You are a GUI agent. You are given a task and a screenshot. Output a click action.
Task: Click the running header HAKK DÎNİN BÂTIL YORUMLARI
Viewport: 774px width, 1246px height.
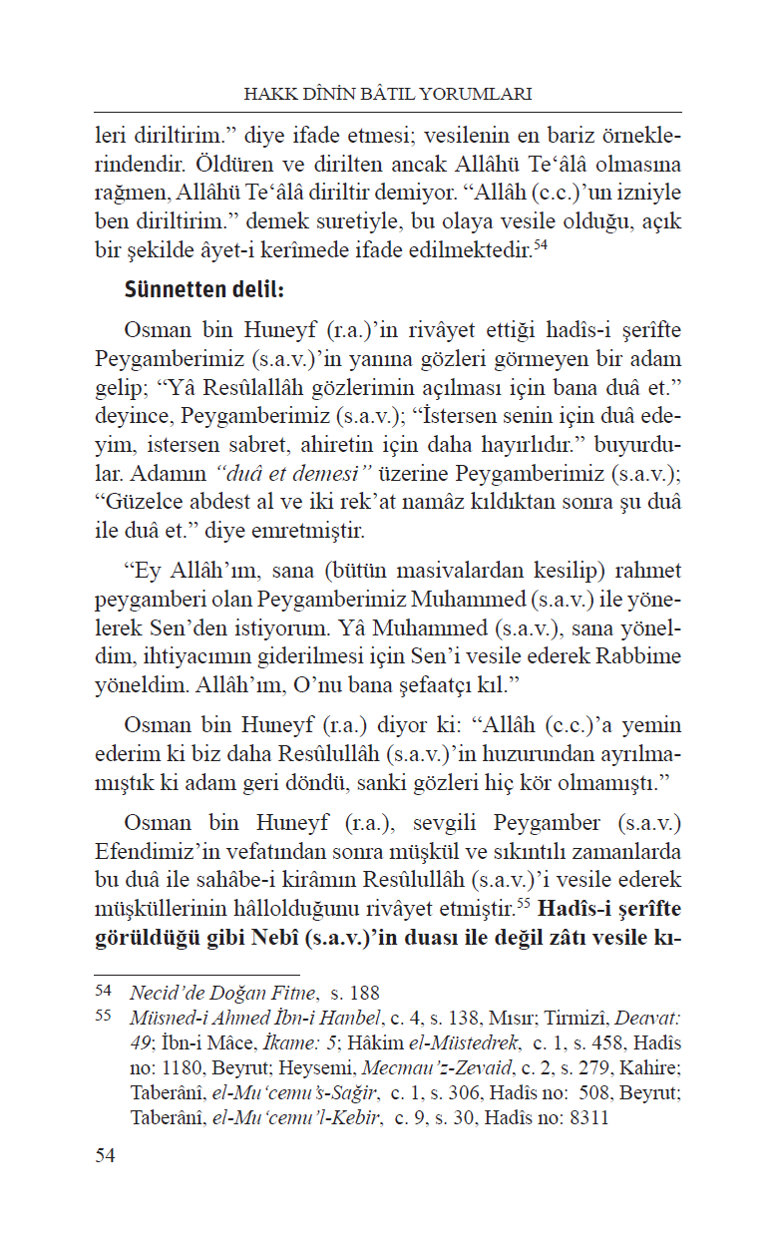(x=387, y=94)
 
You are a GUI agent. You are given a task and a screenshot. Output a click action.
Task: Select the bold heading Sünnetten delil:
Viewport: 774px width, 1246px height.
(x=204, y=290)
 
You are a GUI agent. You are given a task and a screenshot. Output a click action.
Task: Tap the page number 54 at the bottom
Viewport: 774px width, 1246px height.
(x=105, y=1183)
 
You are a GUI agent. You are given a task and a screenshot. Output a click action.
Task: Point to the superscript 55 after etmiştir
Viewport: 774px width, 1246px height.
(x=524, y=906)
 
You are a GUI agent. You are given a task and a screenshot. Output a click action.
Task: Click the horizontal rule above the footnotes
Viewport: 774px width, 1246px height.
(x=196, y=975)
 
